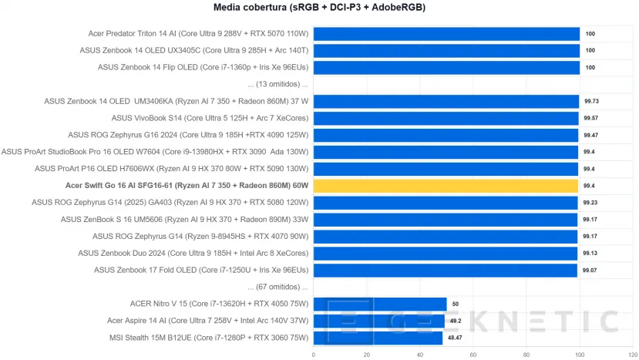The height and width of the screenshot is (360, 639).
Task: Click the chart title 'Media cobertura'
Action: coord(319,8)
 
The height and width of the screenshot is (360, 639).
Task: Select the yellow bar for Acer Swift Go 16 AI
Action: coord(446,186)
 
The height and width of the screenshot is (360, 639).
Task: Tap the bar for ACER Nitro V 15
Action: coord(379,304)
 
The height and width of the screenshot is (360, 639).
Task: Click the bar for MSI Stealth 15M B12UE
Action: coord(378,338)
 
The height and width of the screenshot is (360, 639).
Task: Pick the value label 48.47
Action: coord(455,338)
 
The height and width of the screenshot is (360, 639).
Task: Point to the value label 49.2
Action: coord(456,321)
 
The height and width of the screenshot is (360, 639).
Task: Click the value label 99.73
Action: coord(591,101)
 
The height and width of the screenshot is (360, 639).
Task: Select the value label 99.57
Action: coord(591,118)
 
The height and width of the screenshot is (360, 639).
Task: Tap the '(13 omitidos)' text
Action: coord(277,84)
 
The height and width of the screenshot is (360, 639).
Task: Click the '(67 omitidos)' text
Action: coord(277,287)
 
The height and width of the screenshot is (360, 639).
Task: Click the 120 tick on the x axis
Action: coord(632,355)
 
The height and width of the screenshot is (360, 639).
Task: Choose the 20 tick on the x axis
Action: coord(366,355)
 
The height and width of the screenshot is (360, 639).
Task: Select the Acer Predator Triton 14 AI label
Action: coord(198,34)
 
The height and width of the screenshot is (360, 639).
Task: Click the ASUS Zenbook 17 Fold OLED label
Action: coord(201,270)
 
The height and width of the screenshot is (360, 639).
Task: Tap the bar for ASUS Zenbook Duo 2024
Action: coord(445,253)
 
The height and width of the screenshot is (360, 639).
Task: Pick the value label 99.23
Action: coord(591,203)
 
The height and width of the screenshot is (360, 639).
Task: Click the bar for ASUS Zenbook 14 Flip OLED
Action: coord(446,67)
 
